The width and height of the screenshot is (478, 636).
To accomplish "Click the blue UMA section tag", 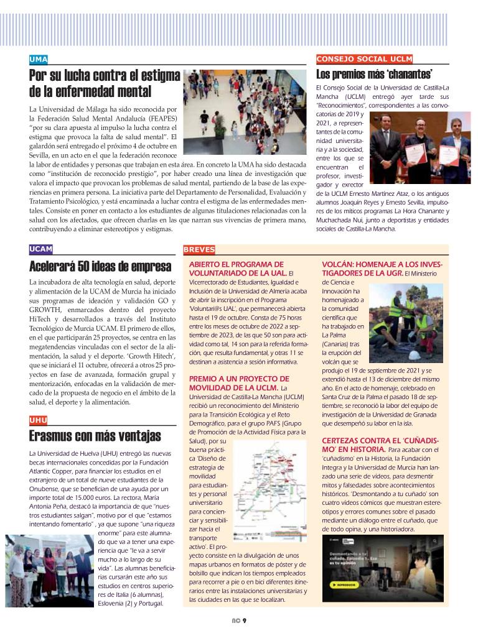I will (x=39, y=59).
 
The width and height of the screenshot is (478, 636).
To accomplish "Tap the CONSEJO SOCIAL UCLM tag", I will (x=365, y=59).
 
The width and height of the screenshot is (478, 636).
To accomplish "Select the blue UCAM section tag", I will (x=41, y=249).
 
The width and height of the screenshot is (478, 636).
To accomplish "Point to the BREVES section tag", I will (x=199, y=250).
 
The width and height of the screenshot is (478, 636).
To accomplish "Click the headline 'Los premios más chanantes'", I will (x=375, y=75).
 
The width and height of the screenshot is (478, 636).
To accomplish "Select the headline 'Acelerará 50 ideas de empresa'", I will (x=100, y=267).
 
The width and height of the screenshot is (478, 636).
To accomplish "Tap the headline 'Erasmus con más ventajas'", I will (x=95, y=436).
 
